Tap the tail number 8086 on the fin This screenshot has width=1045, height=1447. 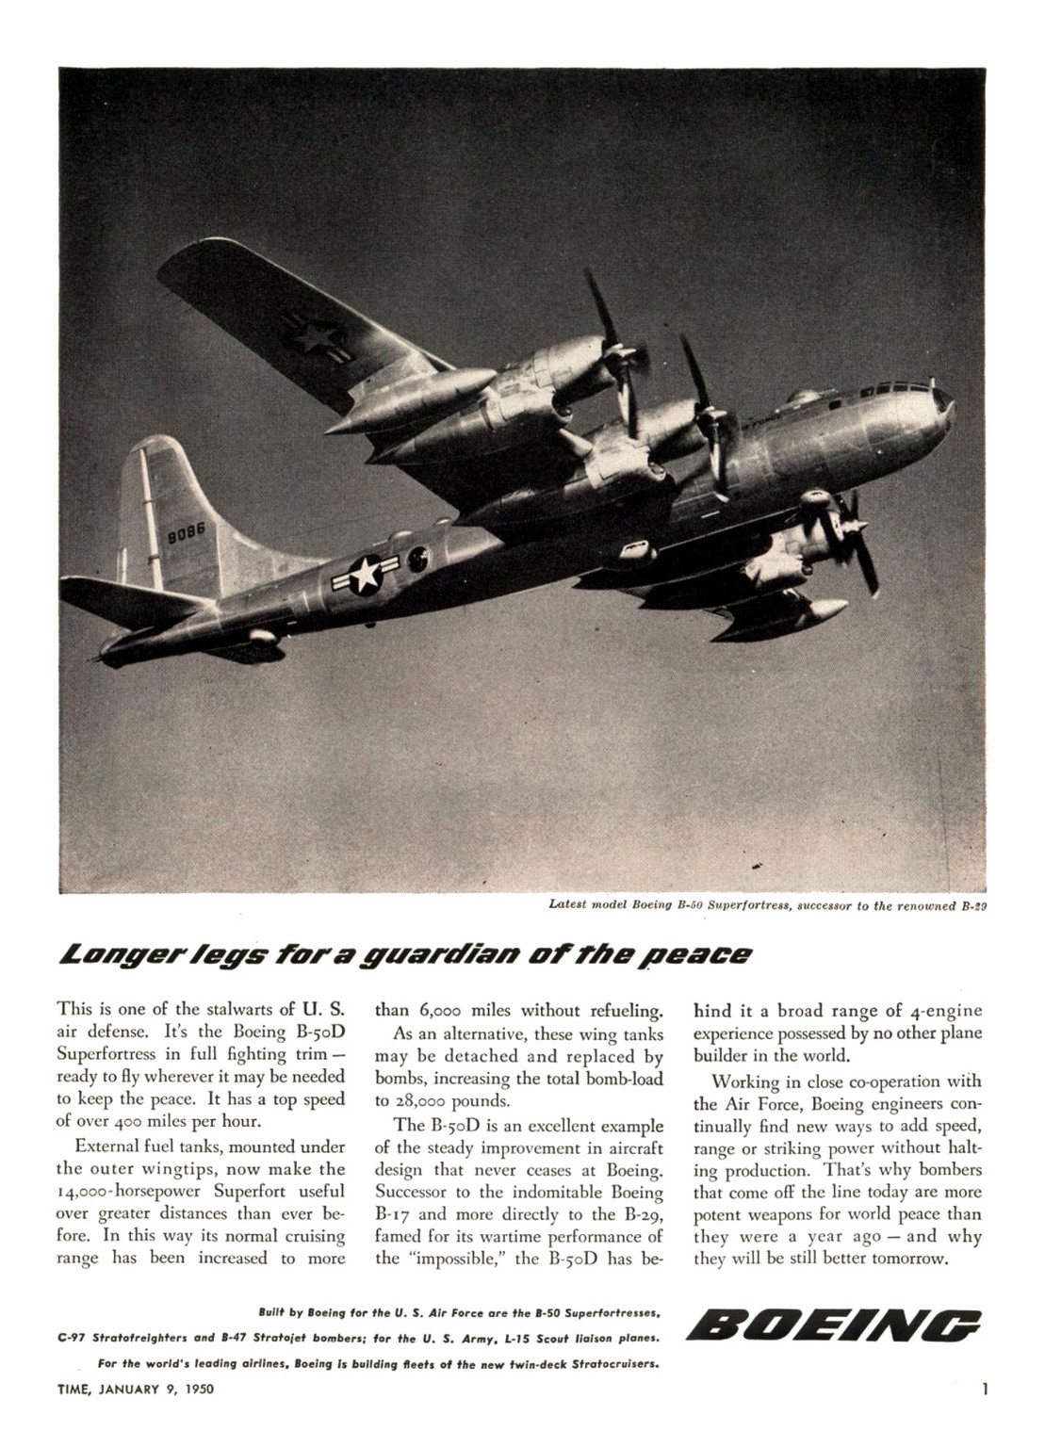(185, 535)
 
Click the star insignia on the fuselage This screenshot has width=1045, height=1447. (363, 574)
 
